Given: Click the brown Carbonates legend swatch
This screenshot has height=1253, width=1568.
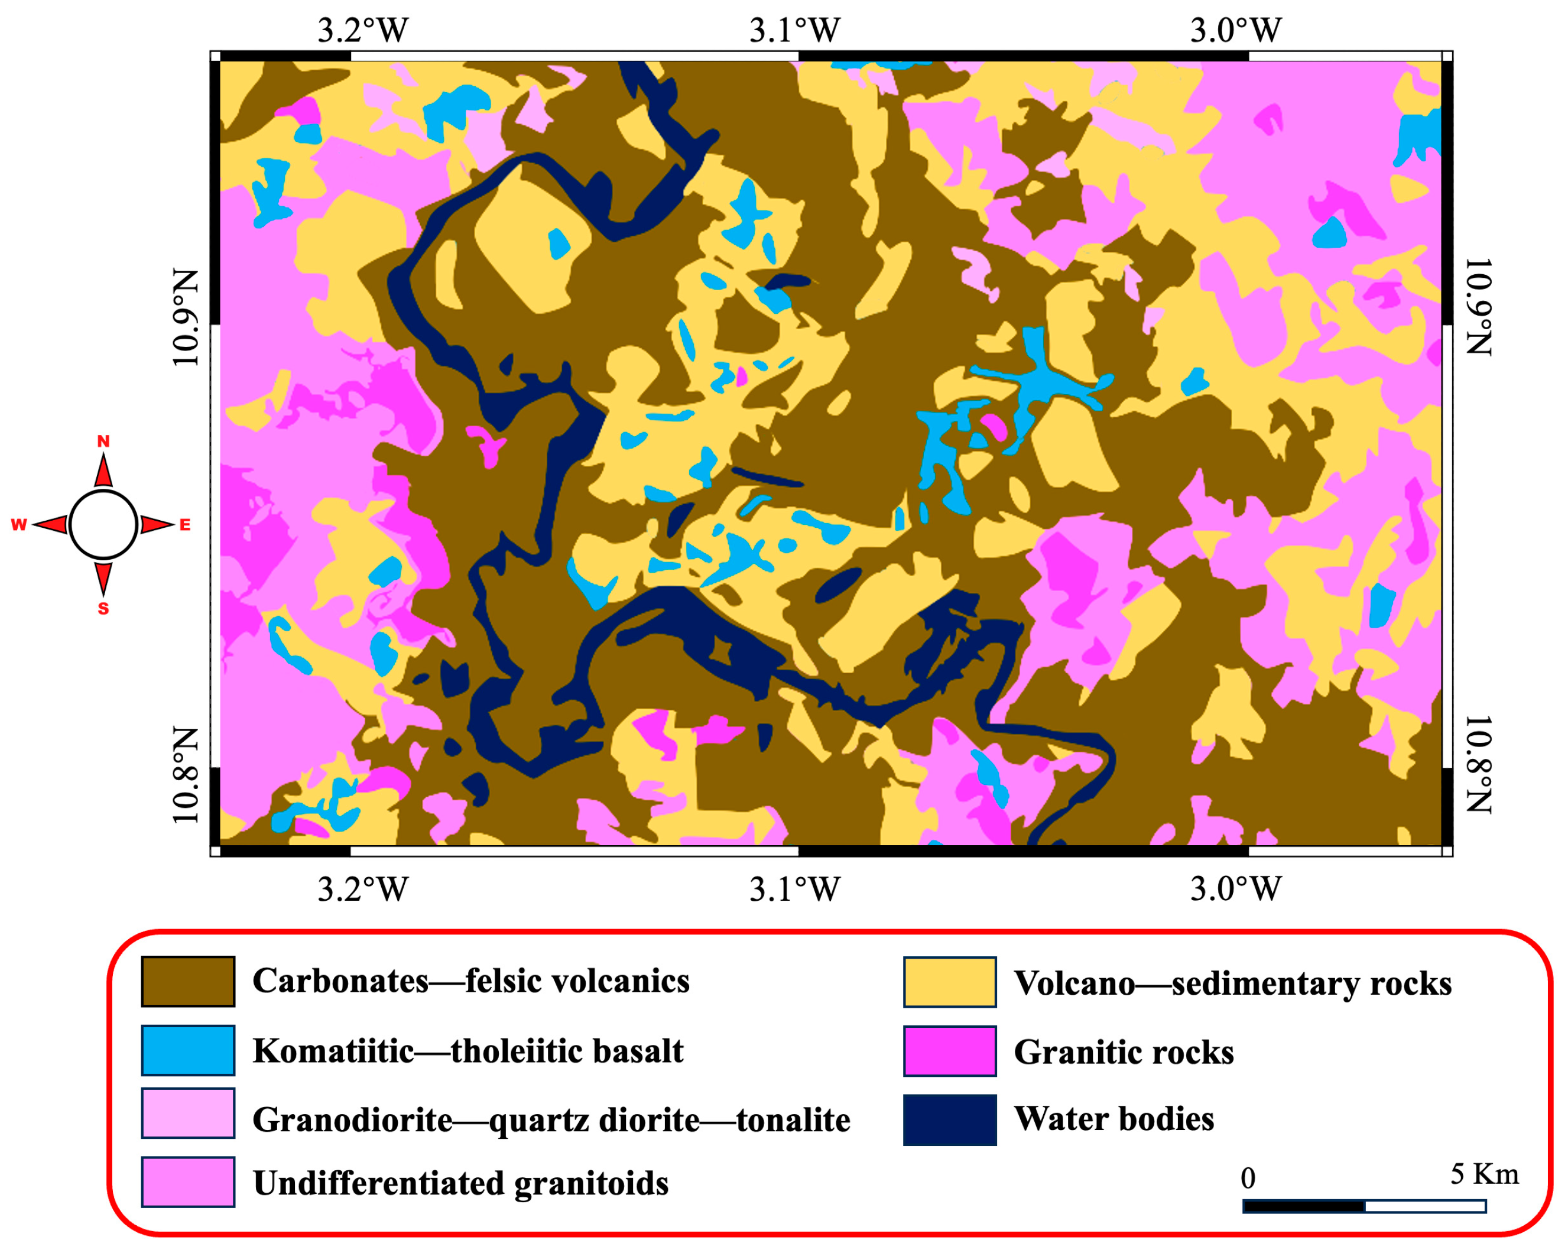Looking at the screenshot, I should click(x=187, y=981).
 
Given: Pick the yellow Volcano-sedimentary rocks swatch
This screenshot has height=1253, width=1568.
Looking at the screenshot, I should click(x=949, y=982).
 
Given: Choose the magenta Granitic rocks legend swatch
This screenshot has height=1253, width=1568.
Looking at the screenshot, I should click(x=949, y=1051).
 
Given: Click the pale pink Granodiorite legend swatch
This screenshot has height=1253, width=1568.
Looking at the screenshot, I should click(x=187, y=1113).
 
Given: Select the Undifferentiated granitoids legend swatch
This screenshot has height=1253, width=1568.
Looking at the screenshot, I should click(x=187, y=1181).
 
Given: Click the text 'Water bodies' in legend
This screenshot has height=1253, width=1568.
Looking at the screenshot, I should click(x=1113, y=1118).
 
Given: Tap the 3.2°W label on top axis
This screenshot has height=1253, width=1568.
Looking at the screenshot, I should click(x=362, y=31).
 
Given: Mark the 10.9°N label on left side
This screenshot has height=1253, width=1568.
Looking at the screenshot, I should click(x=186, y=317).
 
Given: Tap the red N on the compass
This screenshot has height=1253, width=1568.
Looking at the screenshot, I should click(x=103, y=442).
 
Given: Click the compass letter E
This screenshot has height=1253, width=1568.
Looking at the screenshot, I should click(x=185, y=525).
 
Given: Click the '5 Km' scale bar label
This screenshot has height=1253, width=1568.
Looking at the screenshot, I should click(x=1483, y=1174).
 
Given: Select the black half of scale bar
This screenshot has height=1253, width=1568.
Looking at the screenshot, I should click(x=1303, y=1206).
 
